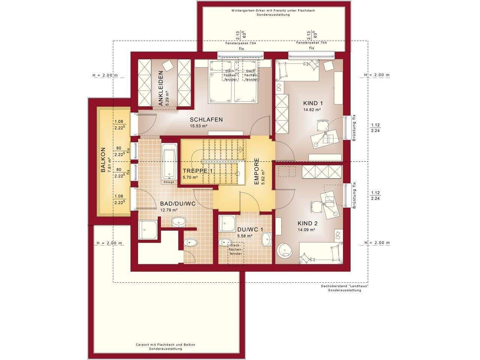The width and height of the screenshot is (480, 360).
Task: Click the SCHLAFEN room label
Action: [206, 120]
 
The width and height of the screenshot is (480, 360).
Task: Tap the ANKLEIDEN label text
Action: [161, 88]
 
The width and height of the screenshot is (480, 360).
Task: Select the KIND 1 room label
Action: [313, 103]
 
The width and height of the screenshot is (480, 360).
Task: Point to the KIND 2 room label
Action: [307, 223]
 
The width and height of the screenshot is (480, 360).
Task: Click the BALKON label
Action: [103, 160]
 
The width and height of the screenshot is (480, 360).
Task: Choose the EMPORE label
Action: [256, 172]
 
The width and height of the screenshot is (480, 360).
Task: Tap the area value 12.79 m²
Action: [169, 210]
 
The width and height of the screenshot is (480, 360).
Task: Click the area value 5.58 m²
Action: [245, 236]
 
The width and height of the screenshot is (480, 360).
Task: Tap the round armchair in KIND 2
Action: [284, 250]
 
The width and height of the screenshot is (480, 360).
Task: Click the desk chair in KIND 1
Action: [323, 126]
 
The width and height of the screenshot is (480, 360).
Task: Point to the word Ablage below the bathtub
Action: [169, 182]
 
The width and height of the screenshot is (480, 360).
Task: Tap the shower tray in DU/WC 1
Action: [227, 223]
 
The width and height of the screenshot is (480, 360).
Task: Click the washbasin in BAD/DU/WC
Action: [178, 222]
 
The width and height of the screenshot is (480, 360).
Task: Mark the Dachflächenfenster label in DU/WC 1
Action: [235, 250]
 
